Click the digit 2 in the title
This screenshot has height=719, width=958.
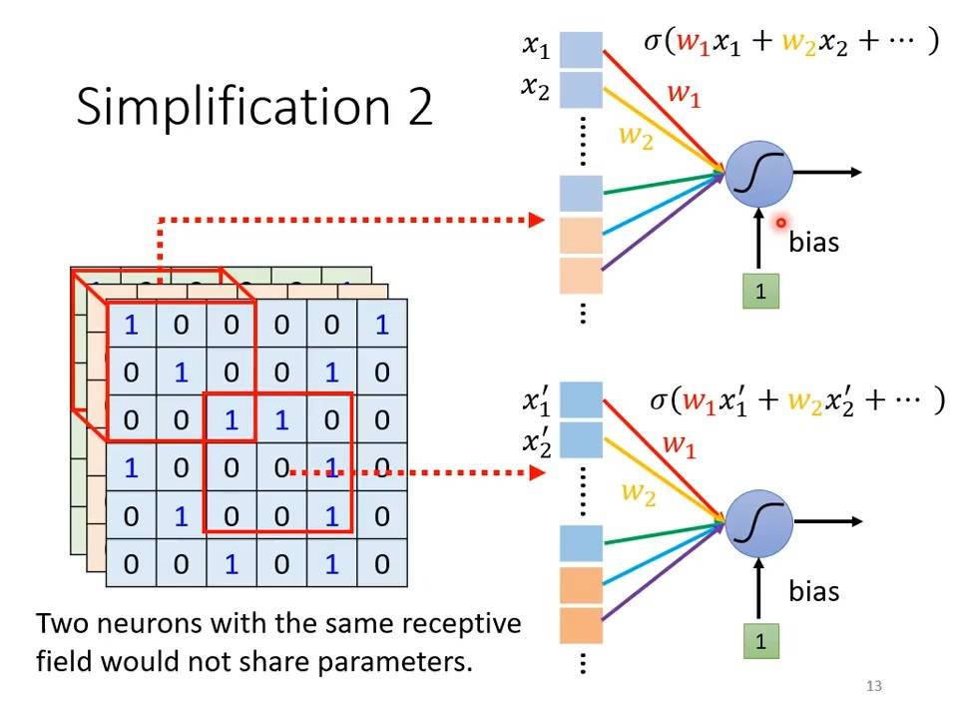420,106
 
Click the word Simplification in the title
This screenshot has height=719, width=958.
234,107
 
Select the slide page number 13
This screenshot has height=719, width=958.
874,686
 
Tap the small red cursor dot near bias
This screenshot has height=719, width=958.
780,223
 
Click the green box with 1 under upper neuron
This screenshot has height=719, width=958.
760,291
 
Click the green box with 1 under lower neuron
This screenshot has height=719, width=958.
760,641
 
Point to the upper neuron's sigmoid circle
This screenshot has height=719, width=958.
758,174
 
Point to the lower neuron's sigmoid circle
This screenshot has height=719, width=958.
758,523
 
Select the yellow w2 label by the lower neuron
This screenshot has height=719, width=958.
639,492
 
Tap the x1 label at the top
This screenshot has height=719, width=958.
536,46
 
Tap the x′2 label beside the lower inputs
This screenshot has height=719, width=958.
537,441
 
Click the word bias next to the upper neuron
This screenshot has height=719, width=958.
814,242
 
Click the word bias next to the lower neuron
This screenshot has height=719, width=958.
814,591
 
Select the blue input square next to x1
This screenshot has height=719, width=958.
581,50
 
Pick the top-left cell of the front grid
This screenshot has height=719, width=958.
132,324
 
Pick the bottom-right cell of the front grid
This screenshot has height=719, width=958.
382,563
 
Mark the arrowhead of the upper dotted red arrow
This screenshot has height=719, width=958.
537,220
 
